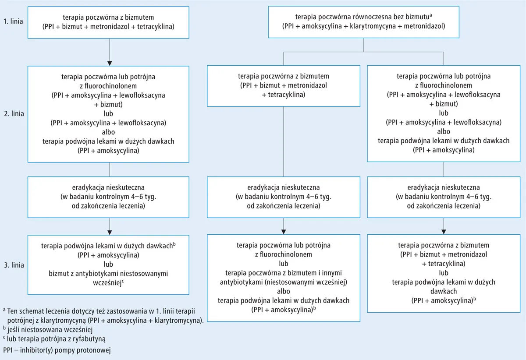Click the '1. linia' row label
14,21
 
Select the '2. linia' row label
14,113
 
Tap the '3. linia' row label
14,265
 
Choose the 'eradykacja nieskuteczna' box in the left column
109,197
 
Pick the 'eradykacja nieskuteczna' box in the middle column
284,197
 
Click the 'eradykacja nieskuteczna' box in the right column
444,197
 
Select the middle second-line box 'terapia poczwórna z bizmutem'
284,85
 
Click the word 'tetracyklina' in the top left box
156,27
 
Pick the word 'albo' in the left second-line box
109,132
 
